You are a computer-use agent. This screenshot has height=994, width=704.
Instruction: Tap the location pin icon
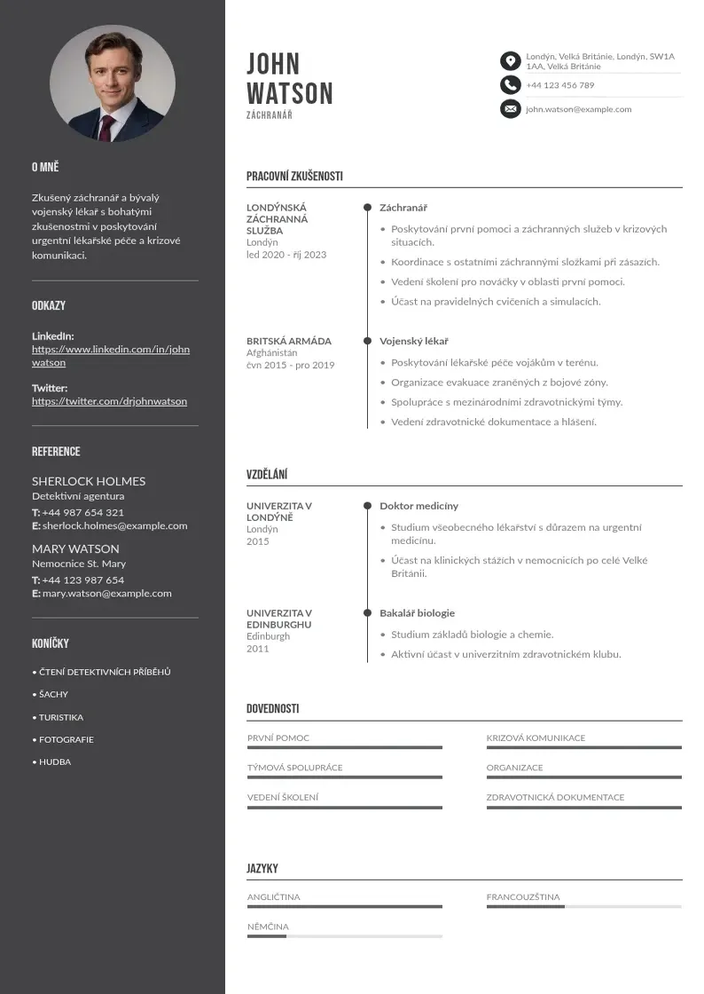click(510, 61)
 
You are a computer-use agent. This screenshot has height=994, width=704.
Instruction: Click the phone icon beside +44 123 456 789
click(510, 85)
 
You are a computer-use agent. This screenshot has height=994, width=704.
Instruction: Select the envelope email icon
click(510, 109)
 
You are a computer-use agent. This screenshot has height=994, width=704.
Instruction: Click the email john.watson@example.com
click(578, 109)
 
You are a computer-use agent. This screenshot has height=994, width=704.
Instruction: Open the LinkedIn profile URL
click(111, 356)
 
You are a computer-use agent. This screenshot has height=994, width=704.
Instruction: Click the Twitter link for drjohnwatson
click(109, 401)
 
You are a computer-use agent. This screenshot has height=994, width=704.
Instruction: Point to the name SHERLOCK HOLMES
click(89, 481)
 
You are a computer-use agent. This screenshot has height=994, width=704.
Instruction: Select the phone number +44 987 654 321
click(82, 512)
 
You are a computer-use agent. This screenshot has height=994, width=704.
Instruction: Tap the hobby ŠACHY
click(53, 694)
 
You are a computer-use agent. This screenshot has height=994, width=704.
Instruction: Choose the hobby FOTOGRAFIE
click(66, 739)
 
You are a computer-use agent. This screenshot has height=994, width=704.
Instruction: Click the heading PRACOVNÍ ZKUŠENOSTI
click(294, 177)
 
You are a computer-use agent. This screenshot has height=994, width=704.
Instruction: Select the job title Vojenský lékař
click(413, 341)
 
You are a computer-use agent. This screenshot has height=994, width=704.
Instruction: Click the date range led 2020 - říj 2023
click(286, 255)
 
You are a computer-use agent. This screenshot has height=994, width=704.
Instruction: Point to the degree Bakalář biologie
click(417, 613)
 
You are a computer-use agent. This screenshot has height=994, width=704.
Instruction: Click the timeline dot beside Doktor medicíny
click(367, 506)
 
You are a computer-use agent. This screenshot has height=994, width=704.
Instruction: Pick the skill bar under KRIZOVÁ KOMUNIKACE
click(583, 747)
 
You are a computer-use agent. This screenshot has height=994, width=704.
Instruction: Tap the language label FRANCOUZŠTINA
click(523, 897)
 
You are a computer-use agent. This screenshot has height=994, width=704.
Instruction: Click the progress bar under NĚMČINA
click(344, 936)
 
